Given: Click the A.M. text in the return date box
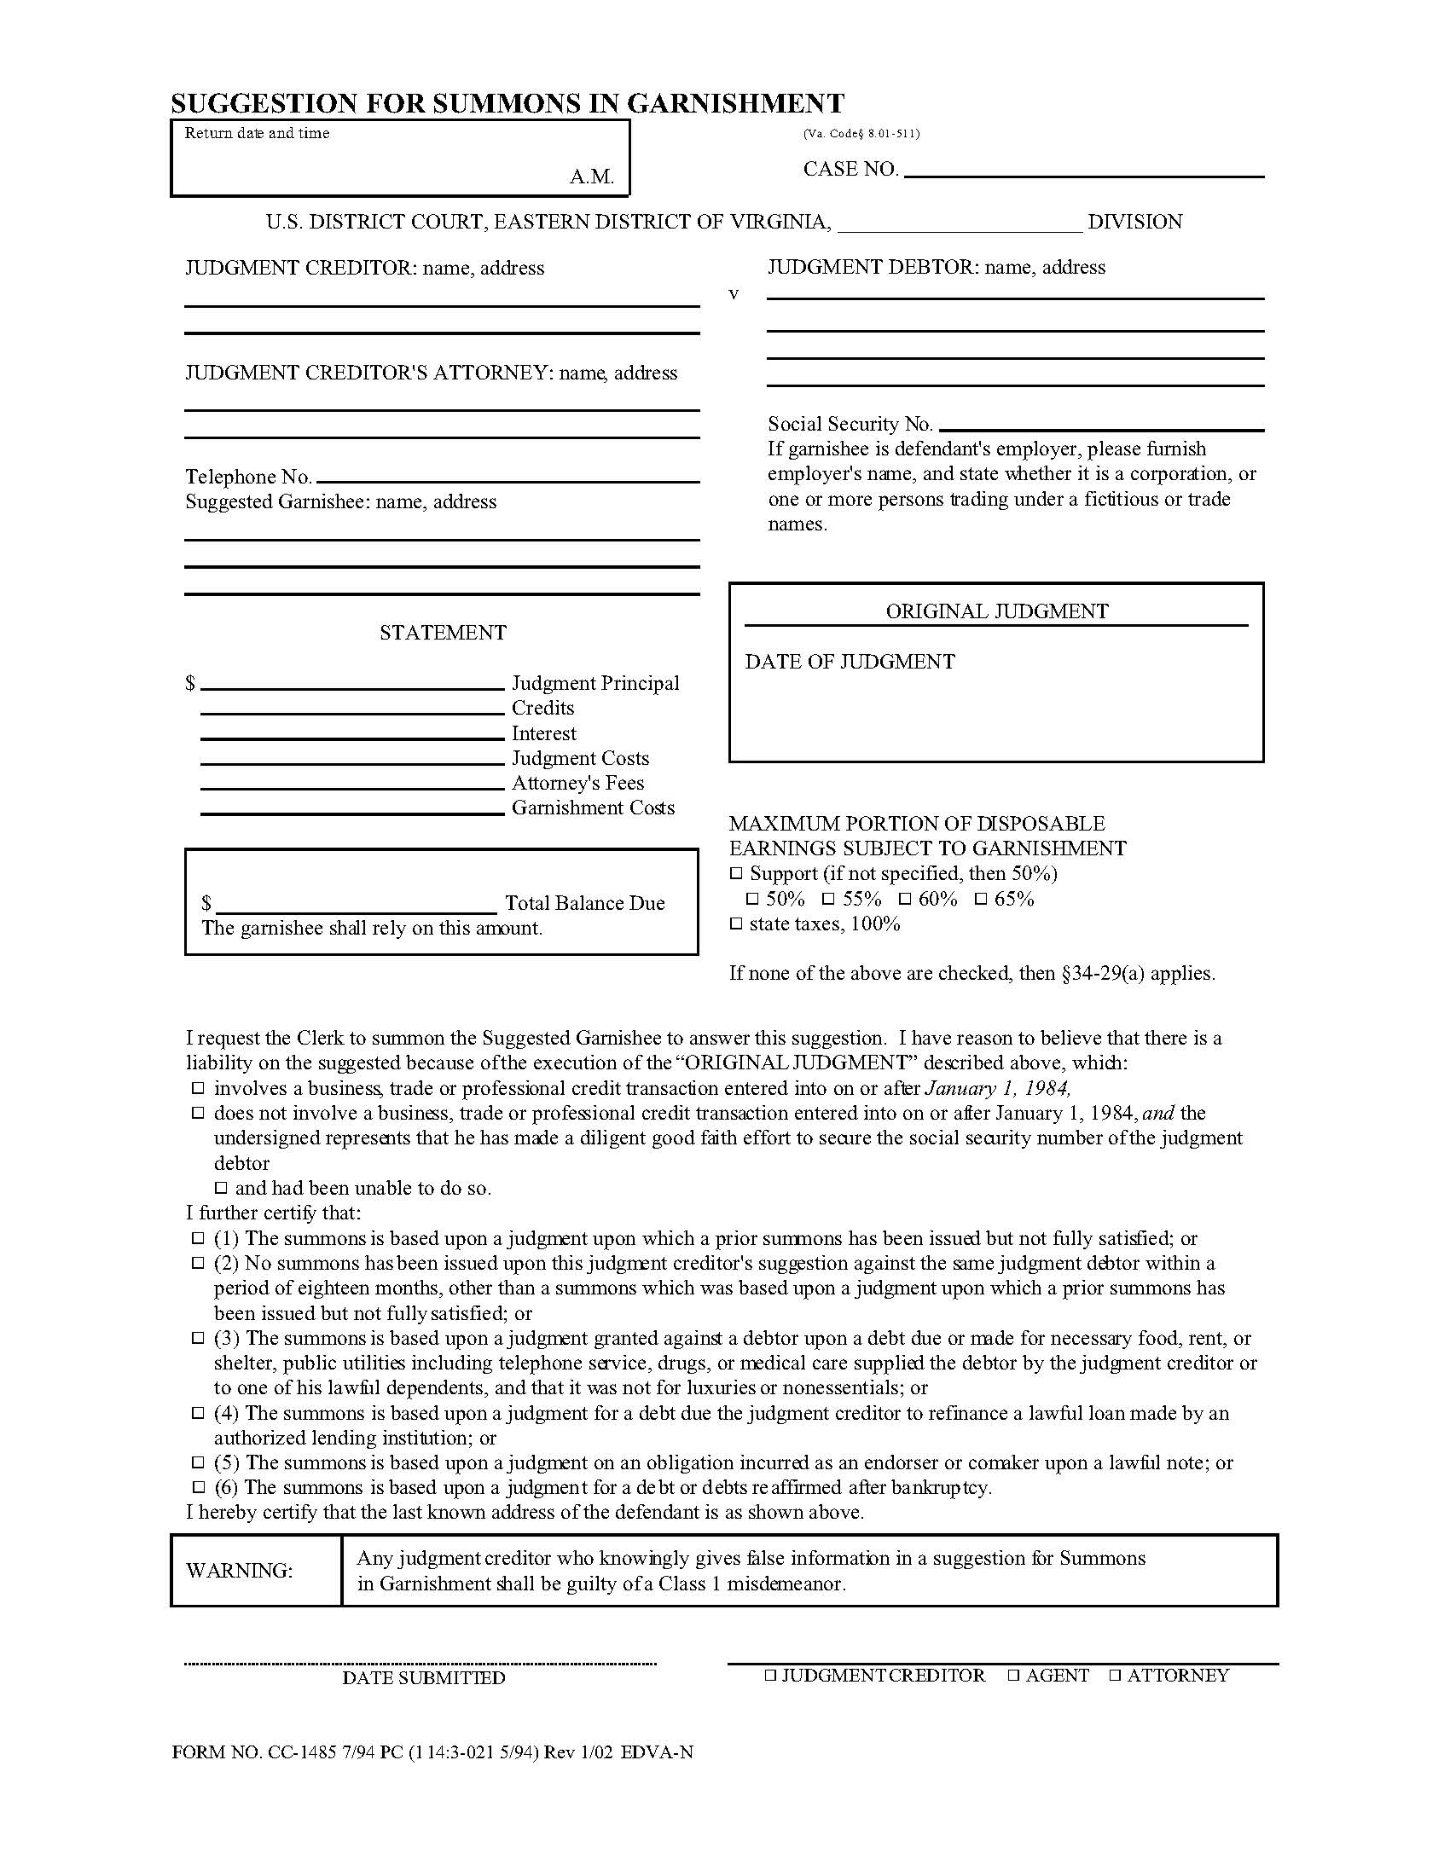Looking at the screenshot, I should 591,177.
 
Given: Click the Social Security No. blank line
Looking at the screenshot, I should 1101,426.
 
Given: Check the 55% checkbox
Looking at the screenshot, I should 828,900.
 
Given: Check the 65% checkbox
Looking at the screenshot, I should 981,900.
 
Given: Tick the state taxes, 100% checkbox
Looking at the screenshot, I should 736,924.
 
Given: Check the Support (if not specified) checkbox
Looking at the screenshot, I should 736,873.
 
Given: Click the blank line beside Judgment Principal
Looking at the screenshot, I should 352,686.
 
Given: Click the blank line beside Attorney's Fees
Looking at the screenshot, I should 352,786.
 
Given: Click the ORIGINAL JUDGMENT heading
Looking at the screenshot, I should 996,611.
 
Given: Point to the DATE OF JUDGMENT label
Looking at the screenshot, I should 850,662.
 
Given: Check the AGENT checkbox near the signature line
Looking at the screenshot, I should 1013,1675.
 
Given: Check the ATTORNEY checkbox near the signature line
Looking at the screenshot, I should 1115,1675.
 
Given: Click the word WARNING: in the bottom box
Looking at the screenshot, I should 239,1570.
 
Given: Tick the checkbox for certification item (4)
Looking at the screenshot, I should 198,1413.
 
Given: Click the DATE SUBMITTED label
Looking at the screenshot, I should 424,1677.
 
